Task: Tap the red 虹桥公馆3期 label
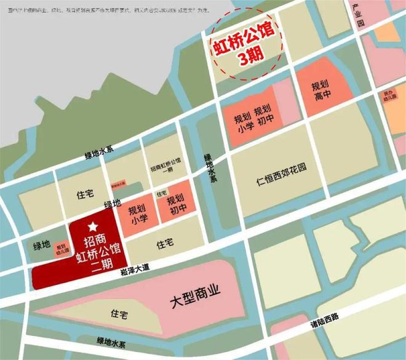tap(243, 48)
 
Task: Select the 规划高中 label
tap(319, 92)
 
